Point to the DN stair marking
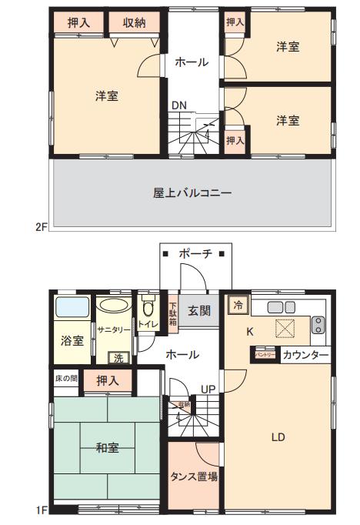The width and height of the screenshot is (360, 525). [178, 105]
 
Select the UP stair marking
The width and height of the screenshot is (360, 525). [208, 388]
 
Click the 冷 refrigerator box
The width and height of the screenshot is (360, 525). [238, 306]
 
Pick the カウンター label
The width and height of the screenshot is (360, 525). [305, 355]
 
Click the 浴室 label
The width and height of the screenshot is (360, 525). [73, 341]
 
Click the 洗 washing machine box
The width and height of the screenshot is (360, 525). [118, 357]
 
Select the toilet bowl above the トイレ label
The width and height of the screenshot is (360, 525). [148, 309]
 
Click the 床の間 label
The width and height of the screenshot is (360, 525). [66, 378]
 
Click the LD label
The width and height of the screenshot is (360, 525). [278, 437]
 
